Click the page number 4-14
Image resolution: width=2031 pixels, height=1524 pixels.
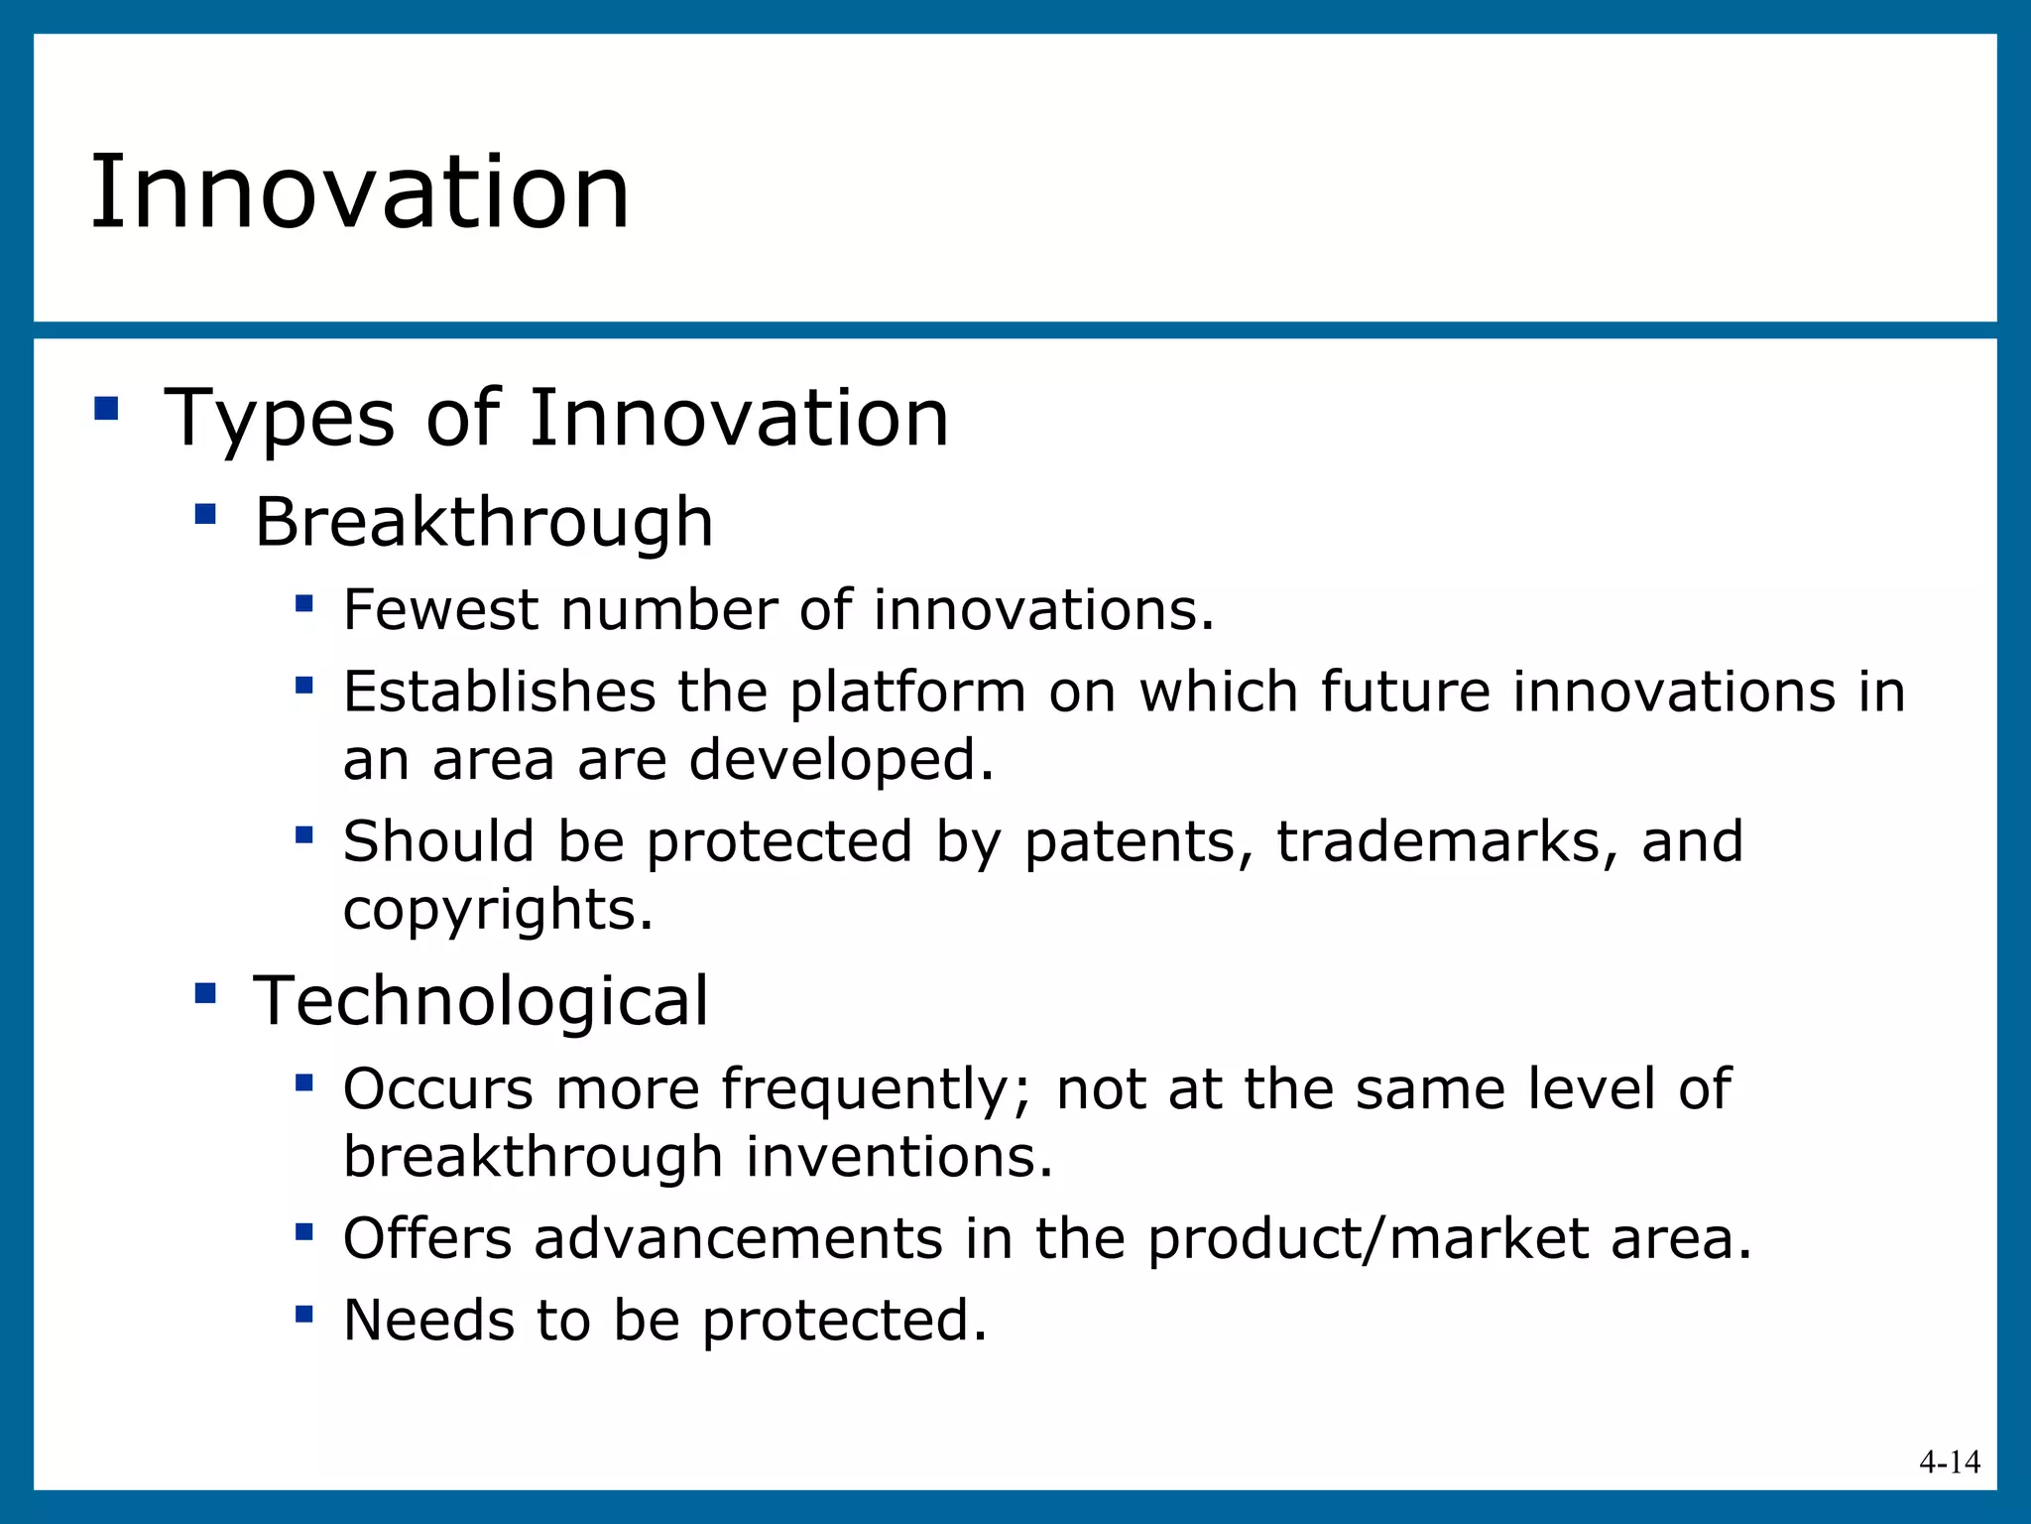click(1949, 1462)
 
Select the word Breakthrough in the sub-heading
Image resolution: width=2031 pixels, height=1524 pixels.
click(484, 522)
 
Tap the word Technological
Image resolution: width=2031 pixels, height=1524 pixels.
click(481, 1000)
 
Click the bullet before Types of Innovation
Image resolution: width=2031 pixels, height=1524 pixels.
click(106, 409)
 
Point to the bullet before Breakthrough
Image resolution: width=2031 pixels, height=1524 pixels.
click(205, 514)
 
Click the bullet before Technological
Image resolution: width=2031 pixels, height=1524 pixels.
click(205, 992)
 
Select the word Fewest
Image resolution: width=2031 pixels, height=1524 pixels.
click(440, 609)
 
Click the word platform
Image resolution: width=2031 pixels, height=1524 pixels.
click(907, 693)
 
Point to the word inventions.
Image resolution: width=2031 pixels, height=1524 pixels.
click(898, 1157)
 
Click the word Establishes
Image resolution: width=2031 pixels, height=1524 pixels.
click(499, 692)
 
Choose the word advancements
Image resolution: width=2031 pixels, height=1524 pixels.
click(738, 1239)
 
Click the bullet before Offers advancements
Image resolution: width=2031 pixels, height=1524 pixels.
click(304, 1232)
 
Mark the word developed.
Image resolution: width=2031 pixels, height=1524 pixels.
click(840, 760)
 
